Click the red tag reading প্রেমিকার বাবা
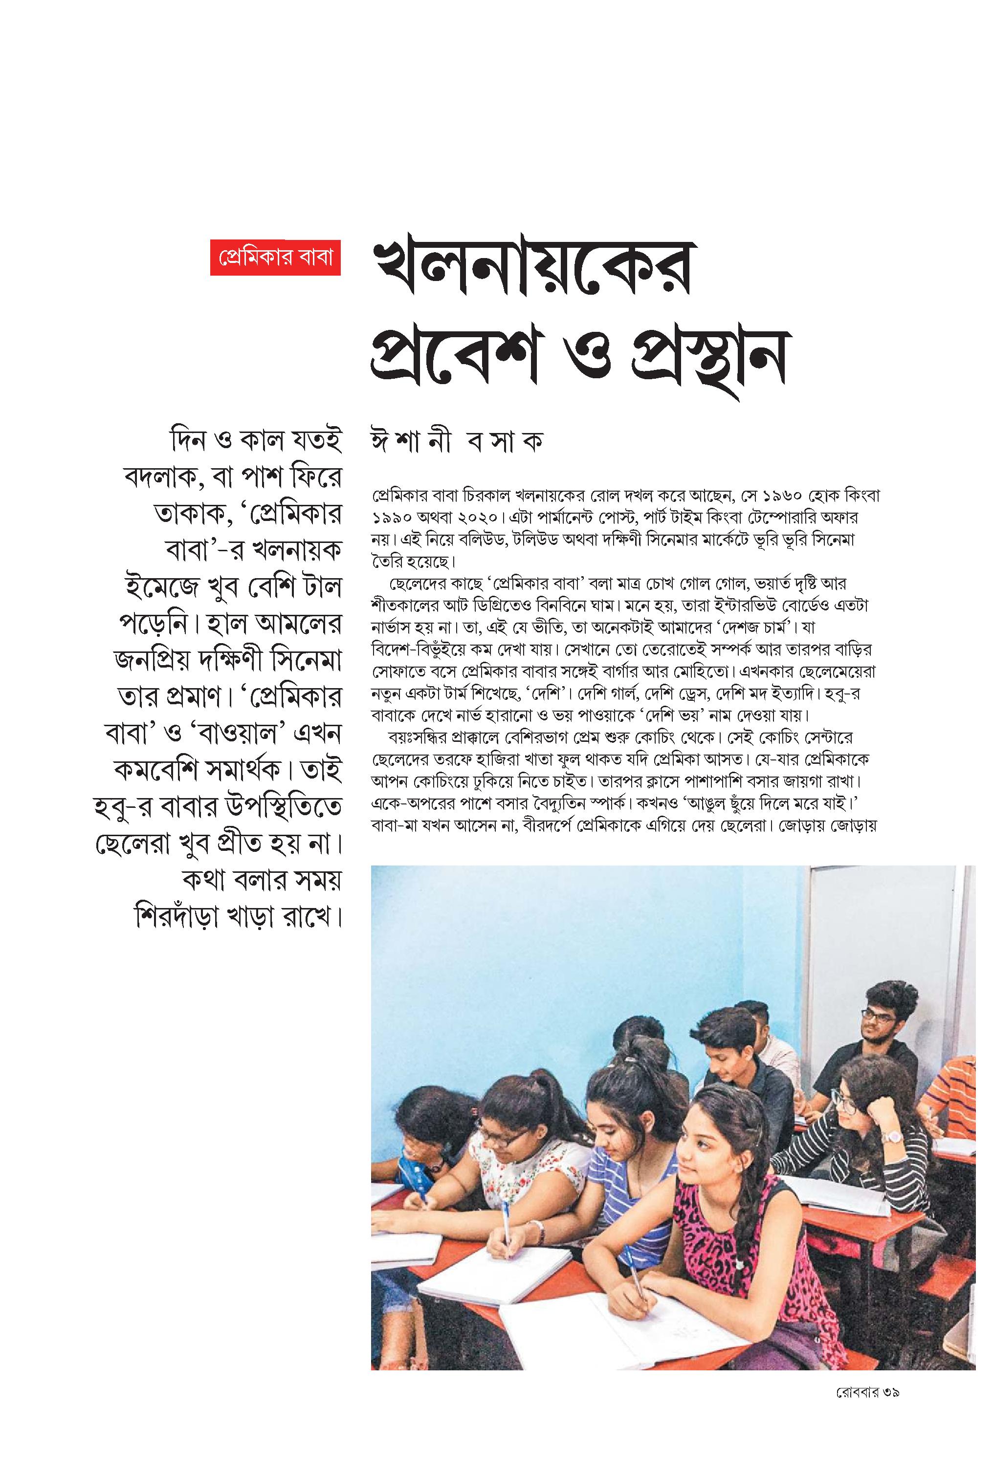pos(275,258)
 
